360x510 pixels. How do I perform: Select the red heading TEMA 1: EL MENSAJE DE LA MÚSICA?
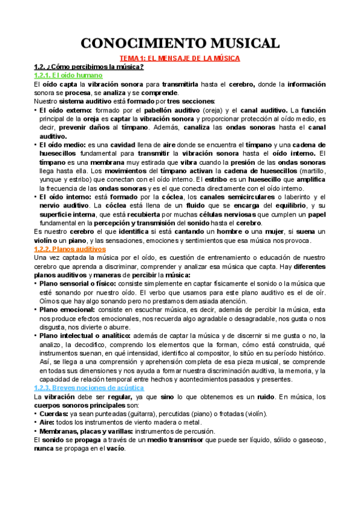[x=180, y=58]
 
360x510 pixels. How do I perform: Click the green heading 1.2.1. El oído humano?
[x=69, y=76]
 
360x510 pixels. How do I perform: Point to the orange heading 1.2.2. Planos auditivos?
[x=70, y=249]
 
